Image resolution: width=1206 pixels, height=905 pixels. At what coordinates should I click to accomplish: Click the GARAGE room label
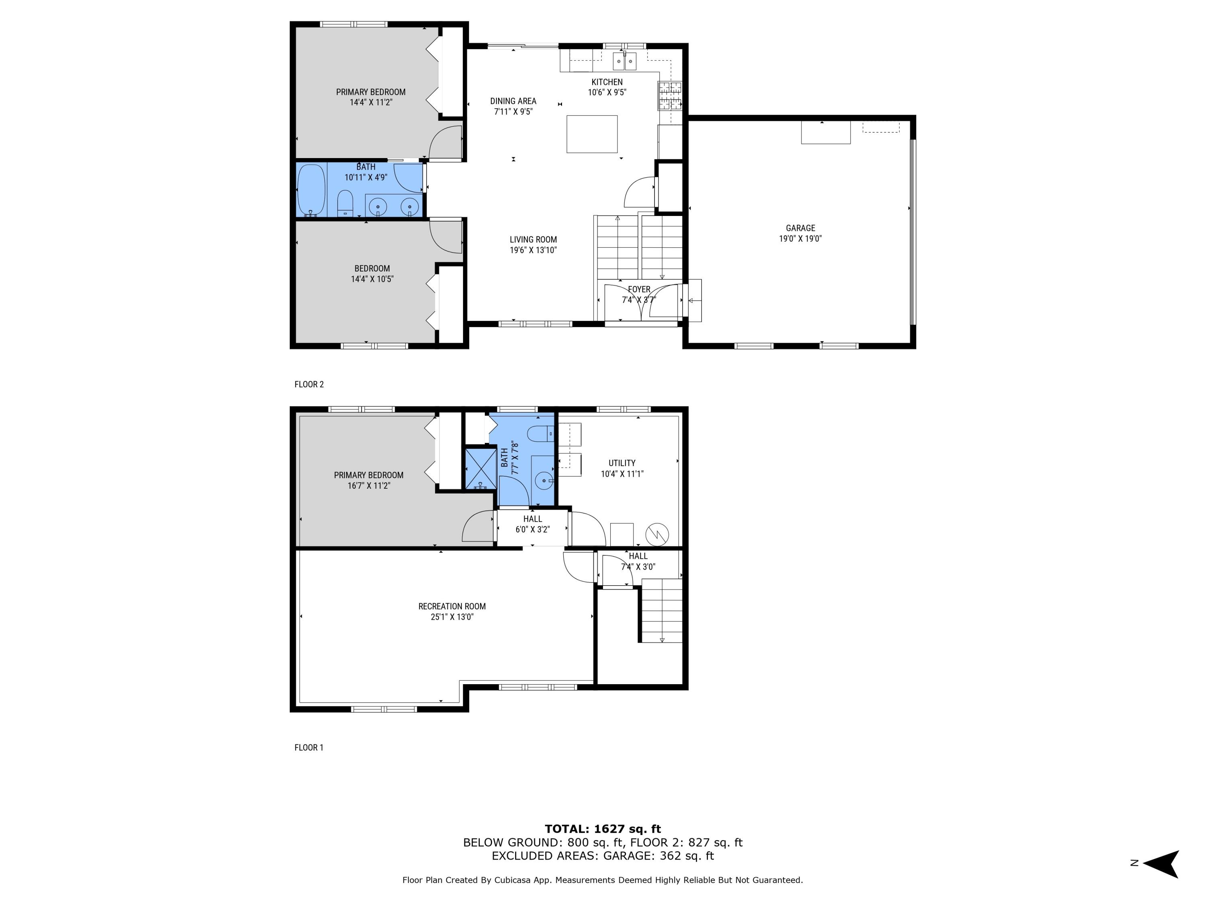800,228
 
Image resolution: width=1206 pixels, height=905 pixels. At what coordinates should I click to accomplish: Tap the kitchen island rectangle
592,134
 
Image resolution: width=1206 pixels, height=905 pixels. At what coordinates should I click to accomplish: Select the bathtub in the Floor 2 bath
311,190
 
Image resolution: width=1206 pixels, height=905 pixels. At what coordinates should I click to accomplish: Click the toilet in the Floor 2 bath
345,204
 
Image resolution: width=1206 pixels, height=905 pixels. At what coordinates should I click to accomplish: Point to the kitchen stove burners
669,95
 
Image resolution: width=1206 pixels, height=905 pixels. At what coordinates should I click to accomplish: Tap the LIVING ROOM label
533,239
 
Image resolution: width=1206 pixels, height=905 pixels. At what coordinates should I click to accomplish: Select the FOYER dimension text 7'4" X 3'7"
638,300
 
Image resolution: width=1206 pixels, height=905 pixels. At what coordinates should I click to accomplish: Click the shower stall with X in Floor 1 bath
479,469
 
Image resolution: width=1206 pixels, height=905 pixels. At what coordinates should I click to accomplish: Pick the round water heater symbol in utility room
656,534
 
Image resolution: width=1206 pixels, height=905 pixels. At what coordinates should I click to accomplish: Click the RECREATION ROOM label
451,606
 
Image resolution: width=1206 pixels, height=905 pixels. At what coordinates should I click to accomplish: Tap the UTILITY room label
621,463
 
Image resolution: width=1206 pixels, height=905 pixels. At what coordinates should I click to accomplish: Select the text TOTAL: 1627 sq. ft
603,829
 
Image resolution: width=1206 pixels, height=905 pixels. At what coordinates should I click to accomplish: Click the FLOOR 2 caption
309,384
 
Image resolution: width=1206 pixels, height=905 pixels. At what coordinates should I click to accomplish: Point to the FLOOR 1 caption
309,747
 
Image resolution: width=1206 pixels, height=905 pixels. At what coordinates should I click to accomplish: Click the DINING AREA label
513,101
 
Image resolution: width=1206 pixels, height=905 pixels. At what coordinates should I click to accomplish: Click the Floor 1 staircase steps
661,611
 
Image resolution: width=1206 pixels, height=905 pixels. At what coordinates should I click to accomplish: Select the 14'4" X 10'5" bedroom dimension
372,279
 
